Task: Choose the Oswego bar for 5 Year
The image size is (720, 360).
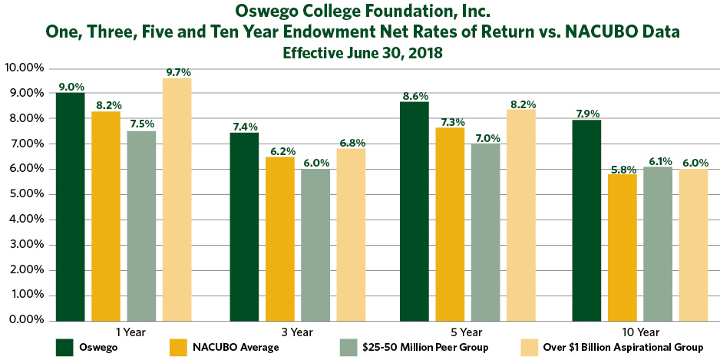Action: point(414,210)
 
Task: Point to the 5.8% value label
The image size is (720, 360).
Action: point(623,167)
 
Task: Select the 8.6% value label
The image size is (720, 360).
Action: point(414,95)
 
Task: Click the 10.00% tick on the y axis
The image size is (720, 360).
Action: point(25,68)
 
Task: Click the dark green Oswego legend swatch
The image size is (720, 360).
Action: point(64,348)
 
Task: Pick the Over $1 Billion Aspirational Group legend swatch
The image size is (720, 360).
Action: point(531,348)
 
